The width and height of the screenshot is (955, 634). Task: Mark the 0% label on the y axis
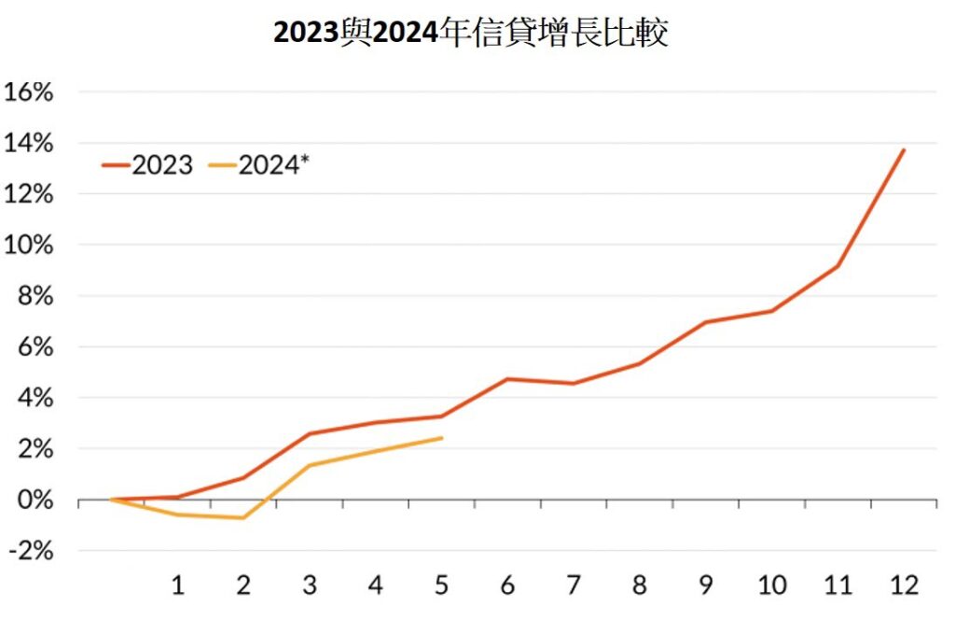(x=35, y=500)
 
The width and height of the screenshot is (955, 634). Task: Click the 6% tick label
(x=35, y=347)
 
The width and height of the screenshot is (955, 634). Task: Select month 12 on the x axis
(x=903, y=585)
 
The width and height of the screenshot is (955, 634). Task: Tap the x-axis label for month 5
(x=441, y=585)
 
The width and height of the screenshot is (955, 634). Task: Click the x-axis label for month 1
(x=177, y=585)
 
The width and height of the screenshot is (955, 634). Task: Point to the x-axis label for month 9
(x=705, y=585)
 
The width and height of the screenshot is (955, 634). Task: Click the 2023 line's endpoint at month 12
(x=904, y=149)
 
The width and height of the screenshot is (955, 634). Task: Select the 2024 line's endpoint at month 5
(x=441, y=438)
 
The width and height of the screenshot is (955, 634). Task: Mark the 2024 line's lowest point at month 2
(x=243, y=518)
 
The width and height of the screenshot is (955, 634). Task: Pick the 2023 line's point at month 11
(x=837, y=266)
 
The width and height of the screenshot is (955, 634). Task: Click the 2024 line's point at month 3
(x=310, y=465)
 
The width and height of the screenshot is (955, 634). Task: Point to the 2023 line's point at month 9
(x=706, y=322)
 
